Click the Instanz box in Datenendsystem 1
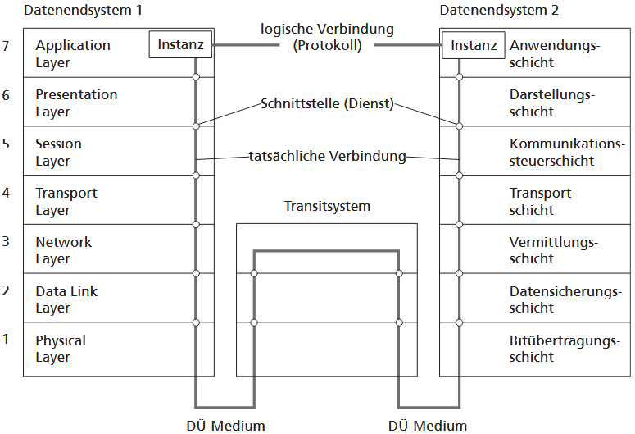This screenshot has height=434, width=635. pyautogui.click(x=180, y=45)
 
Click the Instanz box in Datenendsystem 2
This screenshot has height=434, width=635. pyautogui.click(x=474, y=45)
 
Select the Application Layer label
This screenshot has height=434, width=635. pyautogui.click(x=72, y=53)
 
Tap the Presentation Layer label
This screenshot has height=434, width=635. pyautogui.click(x=76, y=103)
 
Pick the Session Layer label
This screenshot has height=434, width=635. pyautogui.click(x=58, y=152)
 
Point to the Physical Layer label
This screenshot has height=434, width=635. pyautogui.click(x=60, y=349)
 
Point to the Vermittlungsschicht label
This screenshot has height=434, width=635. pyautogui.click(x=554, y=250)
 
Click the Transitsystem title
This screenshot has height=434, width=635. pyautogui.click(x=327, y=206)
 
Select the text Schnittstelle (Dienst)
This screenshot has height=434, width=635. pyautogui.click(x=327, y=104)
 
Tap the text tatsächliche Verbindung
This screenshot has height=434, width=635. pyautogui.click(x=327, y=156)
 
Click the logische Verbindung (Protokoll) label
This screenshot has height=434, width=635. pyautogui.click(x=327, y=37)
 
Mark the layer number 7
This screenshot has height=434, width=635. pyautogui.click(x=7, y=46)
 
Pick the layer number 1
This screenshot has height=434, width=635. pyautogui.click(x=7, y=338)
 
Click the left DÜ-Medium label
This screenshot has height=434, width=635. pyautogui.click(x=226, y=425)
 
